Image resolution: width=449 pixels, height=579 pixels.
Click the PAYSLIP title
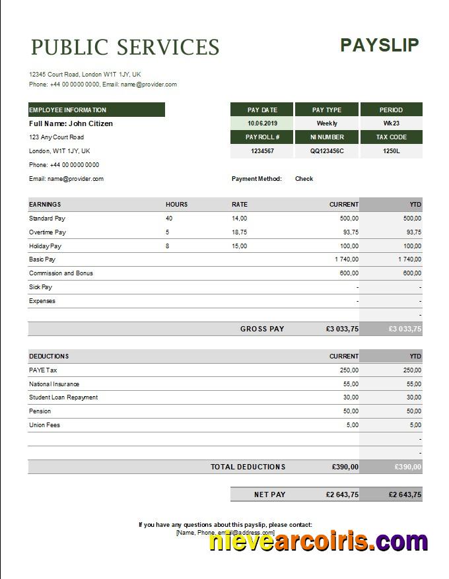(379, 45)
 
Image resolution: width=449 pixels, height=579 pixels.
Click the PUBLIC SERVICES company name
(125, 48)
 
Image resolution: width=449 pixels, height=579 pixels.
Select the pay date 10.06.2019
(261, 123)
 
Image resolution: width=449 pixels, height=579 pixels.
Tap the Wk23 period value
(391, 123)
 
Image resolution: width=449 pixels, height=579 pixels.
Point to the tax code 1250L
(391, 151)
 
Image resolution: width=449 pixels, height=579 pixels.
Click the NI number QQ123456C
(327, 151)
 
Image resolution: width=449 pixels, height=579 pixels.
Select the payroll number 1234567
(262, 151)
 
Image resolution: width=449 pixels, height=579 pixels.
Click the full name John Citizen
(71, 123)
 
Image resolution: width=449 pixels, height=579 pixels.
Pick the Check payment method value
(304, 179)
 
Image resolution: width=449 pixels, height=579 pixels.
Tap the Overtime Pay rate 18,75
(239, 232)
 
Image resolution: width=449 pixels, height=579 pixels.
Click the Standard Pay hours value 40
(169, 219)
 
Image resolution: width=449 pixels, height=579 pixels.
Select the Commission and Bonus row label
(61, 273)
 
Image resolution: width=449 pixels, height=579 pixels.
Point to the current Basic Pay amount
(347, 259)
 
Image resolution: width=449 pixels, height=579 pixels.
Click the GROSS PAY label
(262, 329)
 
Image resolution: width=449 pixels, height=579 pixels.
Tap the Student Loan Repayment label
(63, 397)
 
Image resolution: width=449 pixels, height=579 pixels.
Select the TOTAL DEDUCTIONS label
(248, 467)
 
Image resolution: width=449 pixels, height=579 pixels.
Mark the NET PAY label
(269, 494)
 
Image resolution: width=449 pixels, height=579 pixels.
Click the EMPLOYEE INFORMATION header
(67, 110)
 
